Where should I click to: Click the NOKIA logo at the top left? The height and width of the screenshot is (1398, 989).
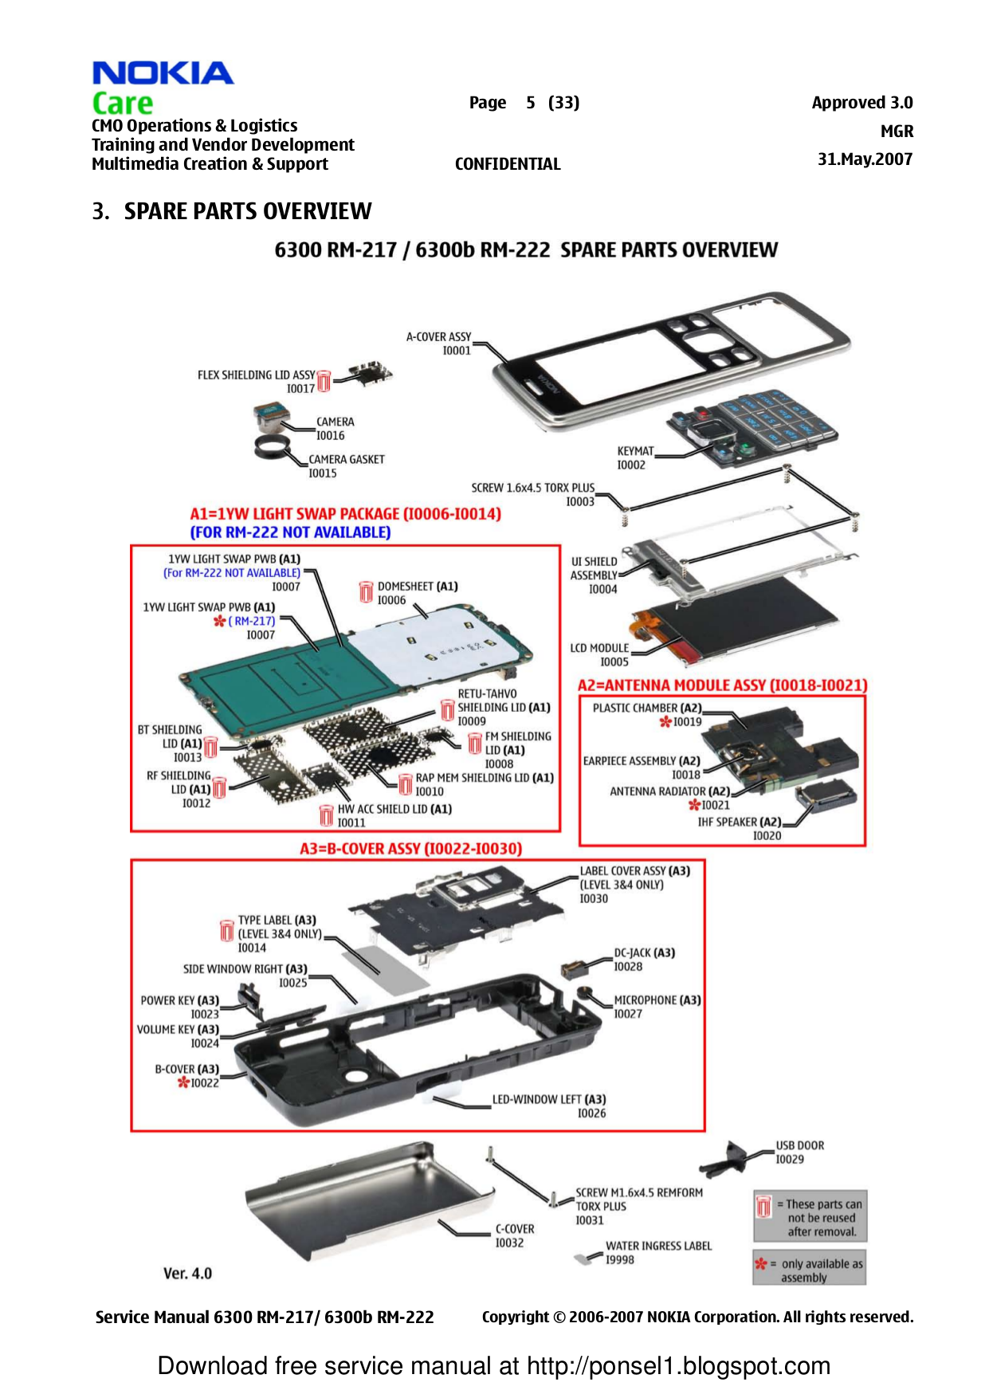[x=163, y=73]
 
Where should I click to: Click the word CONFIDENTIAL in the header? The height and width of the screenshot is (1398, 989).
[x=508, y=164]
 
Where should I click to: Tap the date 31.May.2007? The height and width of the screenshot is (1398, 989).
[x=865, y=159]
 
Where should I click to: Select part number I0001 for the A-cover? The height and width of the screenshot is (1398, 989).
[x=457, y=351]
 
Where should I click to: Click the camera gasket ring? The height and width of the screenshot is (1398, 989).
[x=273, y=450]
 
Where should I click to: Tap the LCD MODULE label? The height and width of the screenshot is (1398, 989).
[x=599, y=648]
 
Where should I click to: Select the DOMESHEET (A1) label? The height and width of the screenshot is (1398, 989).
[x=418, y=587]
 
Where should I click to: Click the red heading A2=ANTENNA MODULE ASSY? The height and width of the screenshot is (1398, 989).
[x=722, y=685]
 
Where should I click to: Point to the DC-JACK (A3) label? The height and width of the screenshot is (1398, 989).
[x=644, y=953]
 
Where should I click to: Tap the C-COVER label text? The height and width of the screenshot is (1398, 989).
[x=515, y=1229]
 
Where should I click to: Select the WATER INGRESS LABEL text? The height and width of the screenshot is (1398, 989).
[x=658, y=1246]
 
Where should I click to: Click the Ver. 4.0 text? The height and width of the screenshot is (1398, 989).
[x=187, y=1274]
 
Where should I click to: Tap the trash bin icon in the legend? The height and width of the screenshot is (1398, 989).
[x=763, y=1207]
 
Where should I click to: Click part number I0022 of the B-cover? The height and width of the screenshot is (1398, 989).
[x=204, y=1083]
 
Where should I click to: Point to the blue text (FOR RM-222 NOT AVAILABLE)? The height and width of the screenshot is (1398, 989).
[x=290, y=532]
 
